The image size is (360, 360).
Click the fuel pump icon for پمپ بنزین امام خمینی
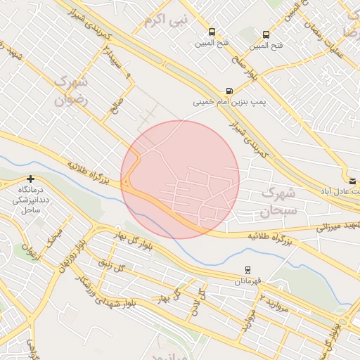[x=229, y=91]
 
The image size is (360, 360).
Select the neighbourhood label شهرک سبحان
[x=279, y=200]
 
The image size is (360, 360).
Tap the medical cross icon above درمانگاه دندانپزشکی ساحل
[x=30, y=179]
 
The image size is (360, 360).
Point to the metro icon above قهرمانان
[x=247, y=270]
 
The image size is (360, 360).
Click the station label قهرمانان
[x=247, y=281]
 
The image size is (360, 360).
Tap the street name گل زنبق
[x=112, y=266]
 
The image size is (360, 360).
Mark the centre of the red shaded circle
[x=180, y=179]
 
